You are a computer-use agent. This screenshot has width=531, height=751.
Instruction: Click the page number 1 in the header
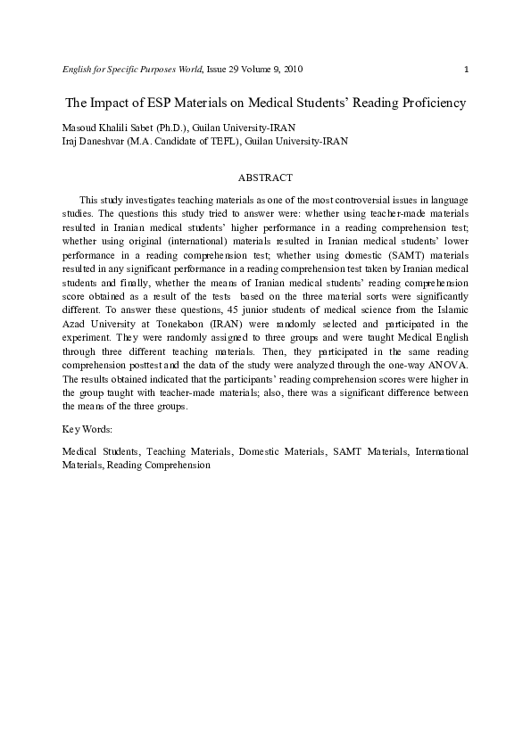[x=467, y=70]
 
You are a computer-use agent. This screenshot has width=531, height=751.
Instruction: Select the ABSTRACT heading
[x=265, y=178]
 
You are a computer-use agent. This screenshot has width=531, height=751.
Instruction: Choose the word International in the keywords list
[x=442, y=452]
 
